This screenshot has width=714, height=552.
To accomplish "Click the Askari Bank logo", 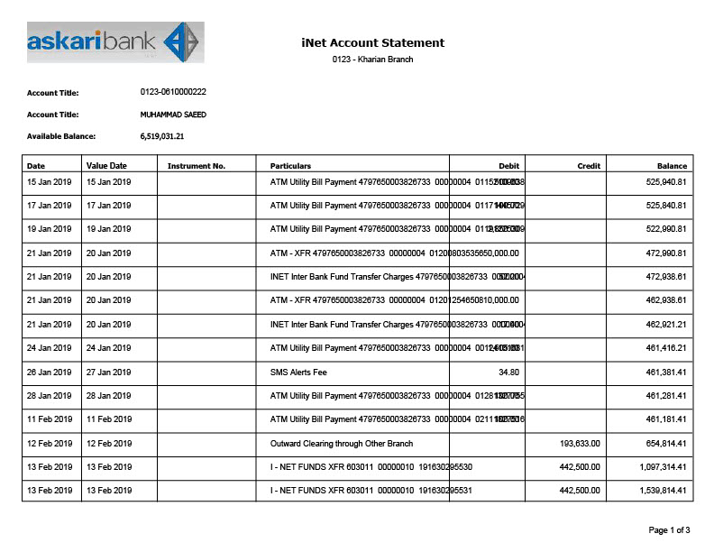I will click(115, 41).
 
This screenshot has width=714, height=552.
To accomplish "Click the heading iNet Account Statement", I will click(372, 42).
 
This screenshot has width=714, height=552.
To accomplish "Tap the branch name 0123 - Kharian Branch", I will click(372, 60).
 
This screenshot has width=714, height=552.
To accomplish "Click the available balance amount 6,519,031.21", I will click(162, 136).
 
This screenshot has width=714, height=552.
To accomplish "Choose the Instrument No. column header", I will click(196, 166).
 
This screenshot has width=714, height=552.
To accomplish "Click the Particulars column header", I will click(290, 166).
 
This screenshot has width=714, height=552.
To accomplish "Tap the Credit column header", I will click(589, 166).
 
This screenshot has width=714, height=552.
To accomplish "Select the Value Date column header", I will click(106, 166).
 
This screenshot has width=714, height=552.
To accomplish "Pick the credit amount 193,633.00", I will click(580, 444).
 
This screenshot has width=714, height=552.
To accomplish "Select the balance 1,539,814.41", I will click(662, 491).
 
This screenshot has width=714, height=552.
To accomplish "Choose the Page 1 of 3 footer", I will click(669, 529).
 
